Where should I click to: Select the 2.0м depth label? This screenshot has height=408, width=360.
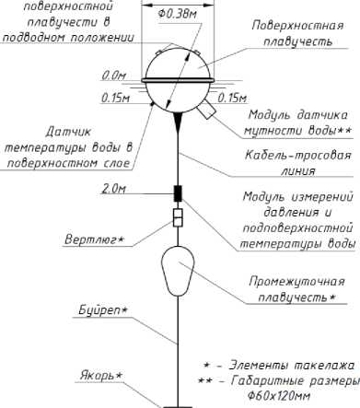tap(113, 189)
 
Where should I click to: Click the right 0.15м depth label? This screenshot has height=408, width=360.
tap(234, 97)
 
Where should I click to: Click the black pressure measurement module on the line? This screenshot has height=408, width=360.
tap(179, 194)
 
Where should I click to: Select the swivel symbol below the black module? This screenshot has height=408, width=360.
tap(179, 219)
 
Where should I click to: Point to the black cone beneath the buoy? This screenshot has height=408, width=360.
tap(178, 117)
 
